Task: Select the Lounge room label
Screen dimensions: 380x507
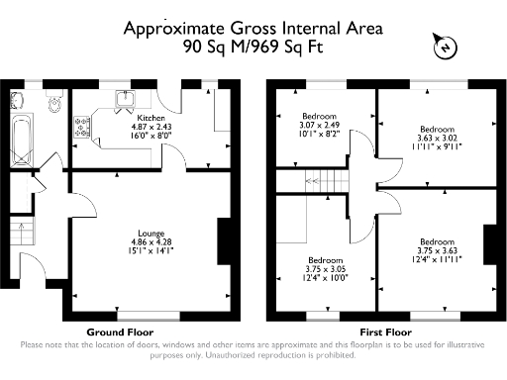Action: tap(151, 233)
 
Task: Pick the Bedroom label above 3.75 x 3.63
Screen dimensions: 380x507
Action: tap(436, 241)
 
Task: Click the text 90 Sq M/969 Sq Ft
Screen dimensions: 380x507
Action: tap(254, 46)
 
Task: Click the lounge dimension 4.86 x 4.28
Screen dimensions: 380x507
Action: tap(151, 241)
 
